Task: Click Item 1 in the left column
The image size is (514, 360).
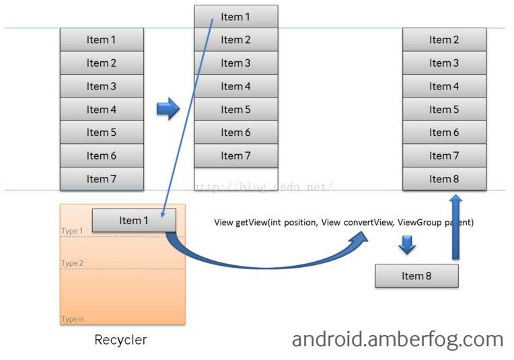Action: click(102, 40)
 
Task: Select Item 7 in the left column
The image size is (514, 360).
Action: click(102, 179)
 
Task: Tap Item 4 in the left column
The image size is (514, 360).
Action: click(102, 110)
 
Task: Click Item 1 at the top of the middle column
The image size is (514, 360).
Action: click(236, 17)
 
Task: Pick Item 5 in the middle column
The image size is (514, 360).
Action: click(236, 110)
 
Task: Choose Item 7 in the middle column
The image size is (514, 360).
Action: click(236, 156)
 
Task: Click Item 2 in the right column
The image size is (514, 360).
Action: click(444, 40)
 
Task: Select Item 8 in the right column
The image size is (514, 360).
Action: click(444, 179)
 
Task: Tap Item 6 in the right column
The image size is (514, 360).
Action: click(444, 133)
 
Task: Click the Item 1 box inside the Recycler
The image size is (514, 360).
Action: click(133, 221)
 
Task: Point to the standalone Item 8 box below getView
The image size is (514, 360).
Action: click(416, 276)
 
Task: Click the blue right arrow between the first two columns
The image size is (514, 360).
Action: click(168, 108)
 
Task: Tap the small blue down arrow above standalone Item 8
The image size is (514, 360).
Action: click(406, 245)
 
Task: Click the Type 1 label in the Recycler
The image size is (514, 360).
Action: click(72, 231)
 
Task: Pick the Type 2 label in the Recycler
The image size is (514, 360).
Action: click(72, 263)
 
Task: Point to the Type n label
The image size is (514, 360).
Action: click(72, 319)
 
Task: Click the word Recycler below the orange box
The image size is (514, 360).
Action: click(120, 340)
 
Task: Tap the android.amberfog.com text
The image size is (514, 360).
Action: click(398, 339)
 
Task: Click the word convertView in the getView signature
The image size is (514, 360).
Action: click(368, 222)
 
